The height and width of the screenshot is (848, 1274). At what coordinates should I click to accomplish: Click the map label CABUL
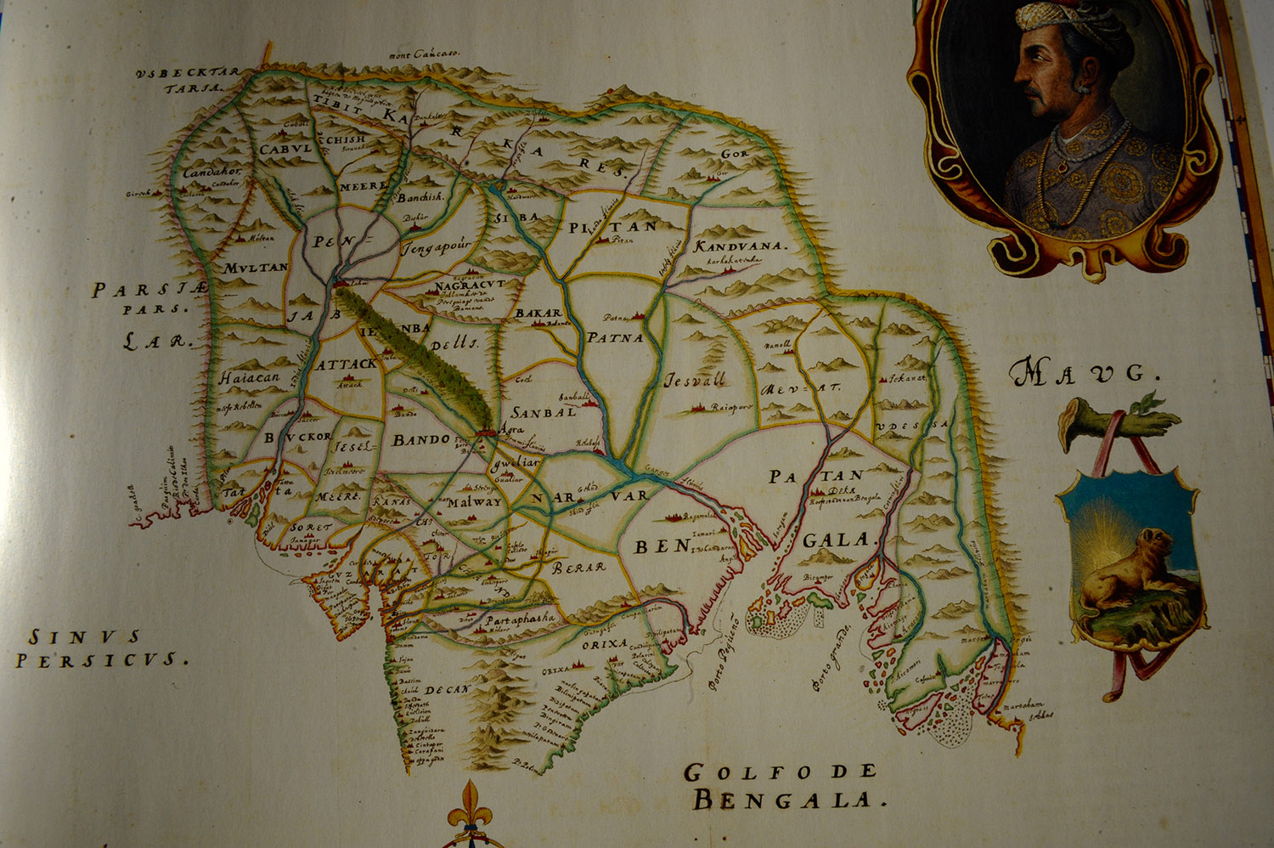(x=285, y=150)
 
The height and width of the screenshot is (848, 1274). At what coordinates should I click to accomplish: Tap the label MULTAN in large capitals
(x=256, y=268)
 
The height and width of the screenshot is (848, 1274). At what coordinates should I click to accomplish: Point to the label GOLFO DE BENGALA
(x=781, y=785)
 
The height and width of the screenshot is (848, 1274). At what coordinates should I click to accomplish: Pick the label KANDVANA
(x=741, y=246)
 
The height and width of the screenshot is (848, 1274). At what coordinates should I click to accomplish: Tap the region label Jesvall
(x=695, y=380)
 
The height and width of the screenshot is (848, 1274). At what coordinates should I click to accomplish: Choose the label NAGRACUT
(x=469, y=285)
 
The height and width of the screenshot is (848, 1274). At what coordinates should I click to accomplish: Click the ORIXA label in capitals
(x=605, y=644)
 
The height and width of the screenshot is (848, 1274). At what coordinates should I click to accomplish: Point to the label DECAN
(x=447, y=690)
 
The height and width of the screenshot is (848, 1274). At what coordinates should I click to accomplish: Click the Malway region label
(x=474, y=501)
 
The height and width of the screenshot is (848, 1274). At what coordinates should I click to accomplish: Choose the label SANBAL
(x=543, y=413)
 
